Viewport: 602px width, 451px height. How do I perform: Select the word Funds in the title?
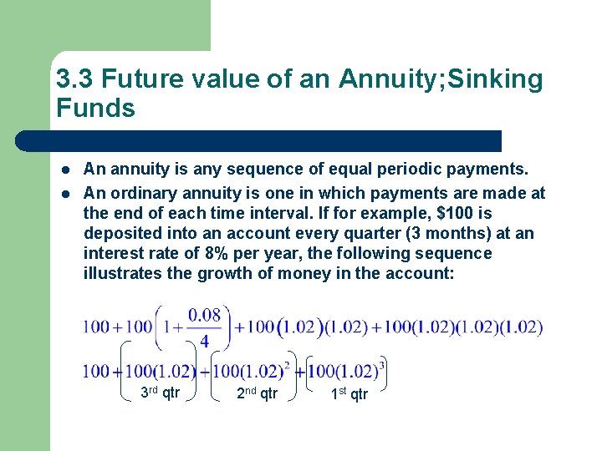95,109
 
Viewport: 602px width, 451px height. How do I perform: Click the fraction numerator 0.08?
205,315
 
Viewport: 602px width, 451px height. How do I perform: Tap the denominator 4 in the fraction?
205,341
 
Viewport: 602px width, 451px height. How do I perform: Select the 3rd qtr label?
160,393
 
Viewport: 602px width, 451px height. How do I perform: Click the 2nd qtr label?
257,393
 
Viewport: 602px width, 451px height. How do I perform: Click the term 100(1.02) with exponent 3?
344,370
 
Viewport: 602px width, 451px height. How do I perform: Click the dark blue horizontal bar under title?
276,140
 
